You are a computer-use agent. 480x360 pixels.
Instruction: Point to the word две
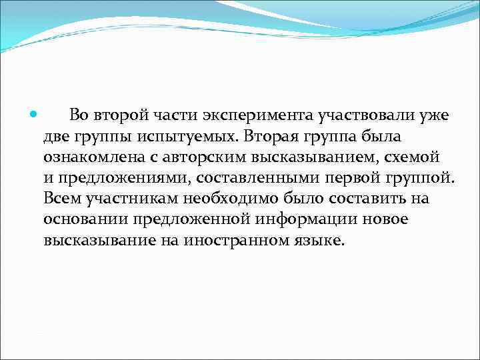57,137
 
